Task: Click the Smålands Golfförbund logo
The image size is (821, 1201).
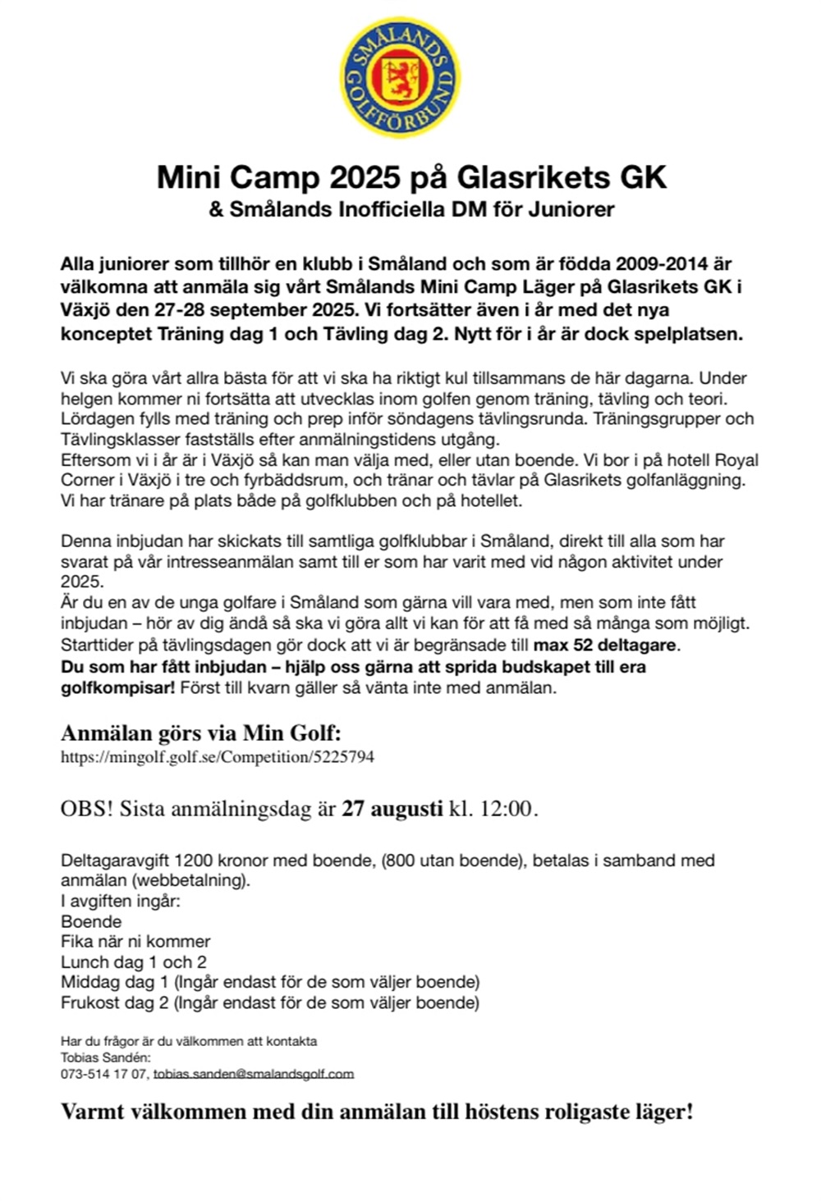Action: coord(400,78)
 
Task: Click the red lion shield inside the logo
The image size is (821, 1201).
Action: coord(400,78)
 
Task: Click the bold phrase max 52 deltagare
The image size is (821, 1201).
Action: coord(607,645)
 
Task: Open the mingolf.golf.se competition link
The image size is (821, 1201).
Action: coord(218,757)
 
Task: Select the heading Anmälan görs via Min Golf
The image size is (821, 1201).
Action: coord(200,733)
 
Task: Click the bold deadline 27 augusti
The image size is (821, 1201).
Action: coord(392,809)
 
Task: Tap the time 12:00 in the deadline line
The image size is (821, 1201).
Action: coord(506,809)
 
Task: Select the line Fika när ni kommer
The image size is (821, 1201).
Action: coord(135,941)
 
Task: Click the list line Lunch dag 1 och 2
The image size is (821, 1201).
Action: coord(134,961)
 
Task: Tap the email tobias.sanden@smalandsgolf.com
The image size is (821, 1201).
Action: coord(254,1074)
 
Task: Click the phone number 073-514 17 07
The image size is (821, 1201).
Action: coord(103,1074)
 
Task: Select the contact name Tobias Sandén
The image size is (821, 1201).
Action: coord(105,1057)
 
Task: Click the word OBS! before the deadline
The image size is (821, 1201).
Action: coord(86,809)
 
